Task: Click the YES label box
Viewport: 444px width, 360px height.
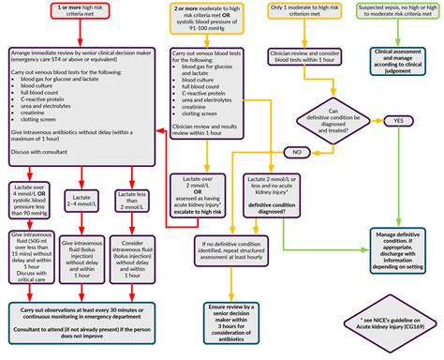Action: point(398,121)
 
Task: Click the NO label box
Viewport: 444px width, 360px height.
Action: point(297,151)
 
